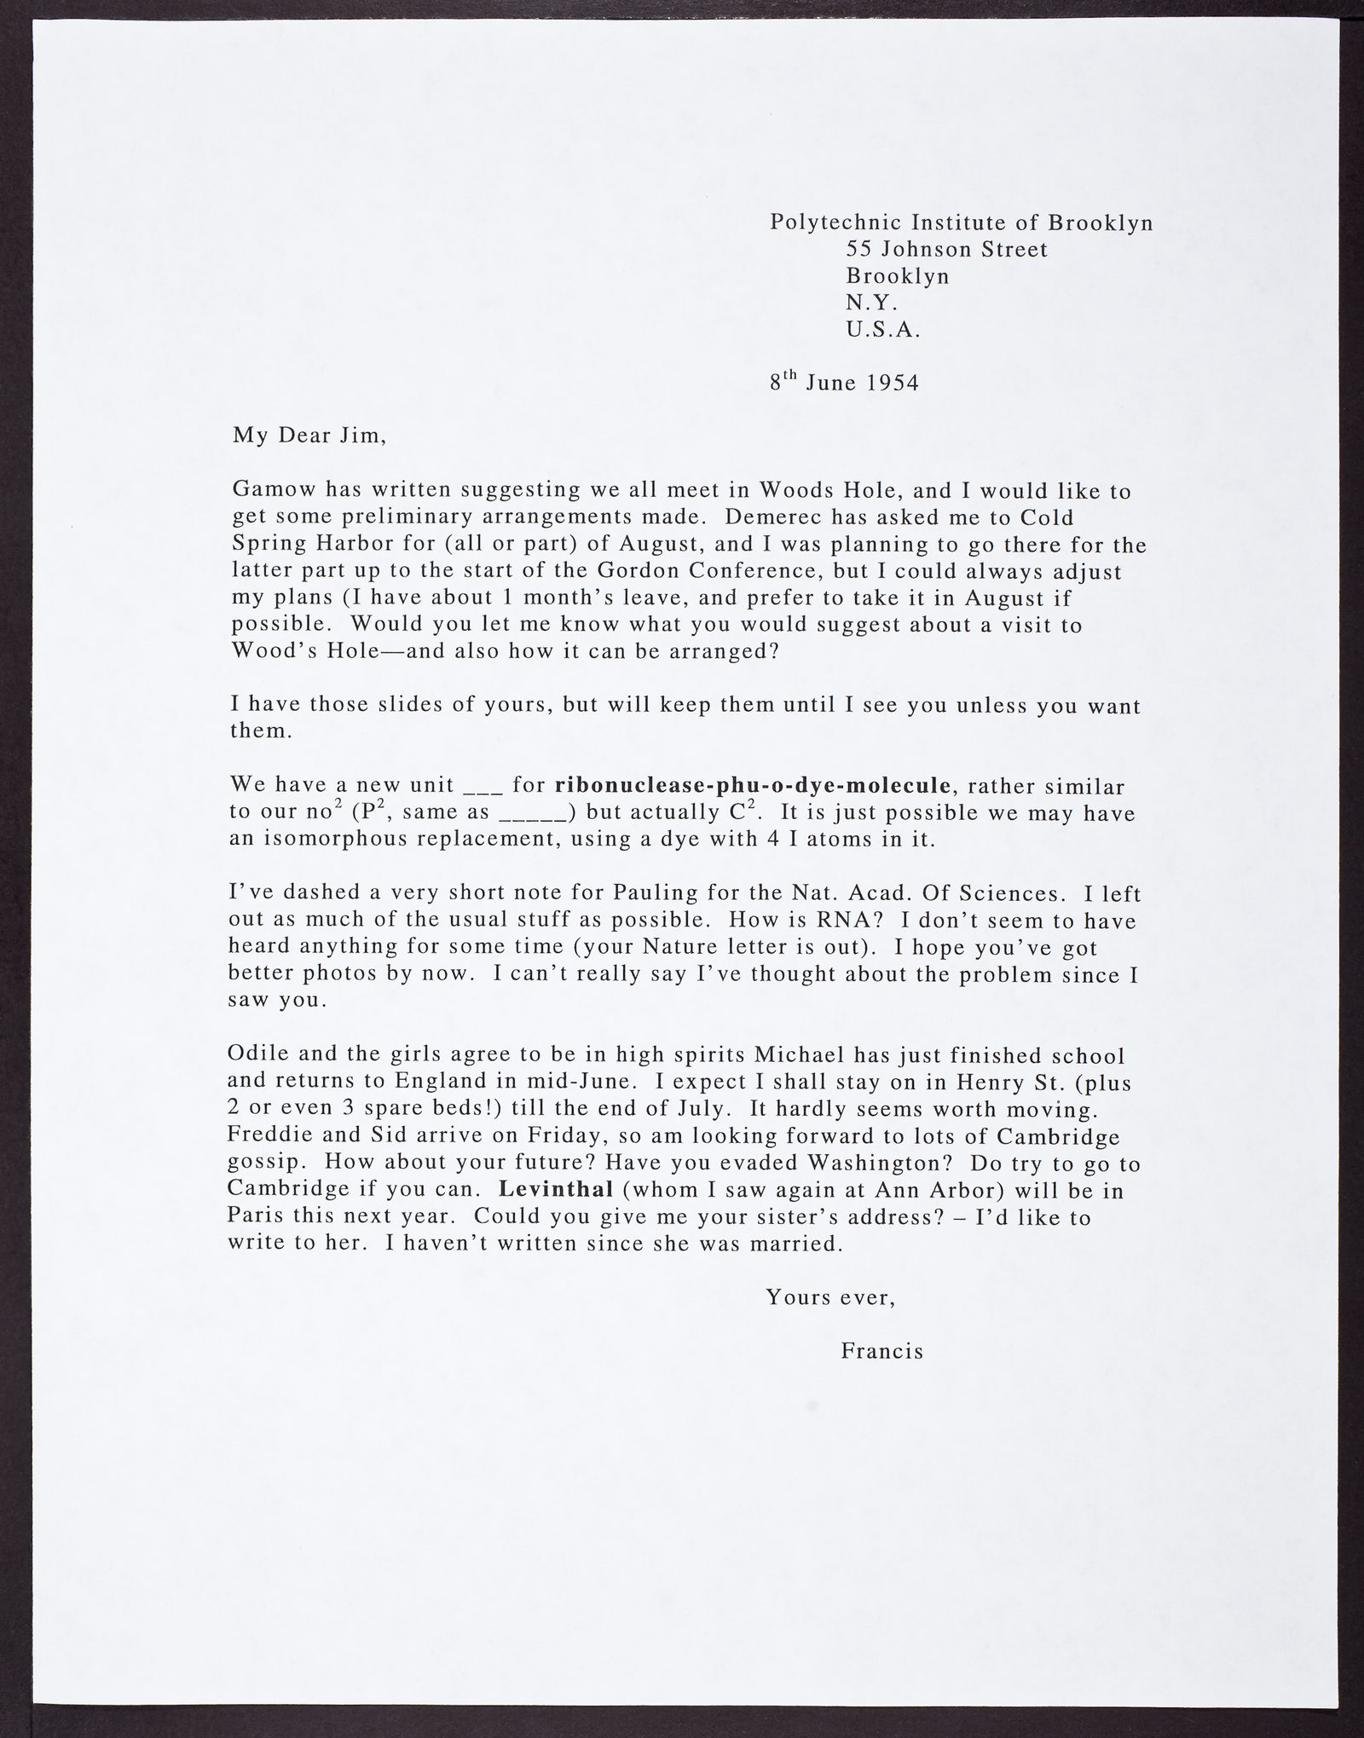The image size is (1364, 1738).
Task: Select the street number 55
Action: pyautogui.click(x=858, y=250)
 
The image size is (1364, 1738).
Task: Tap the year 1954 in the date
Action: pyautogui.click(x=893, y=383)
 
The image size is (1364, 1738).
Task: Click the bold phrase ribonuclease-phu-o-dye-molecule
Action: pyautogui.click(x=752, y=785)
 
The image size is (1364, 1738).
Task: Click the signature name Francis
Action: pyautogui.click(x=882, y=1352)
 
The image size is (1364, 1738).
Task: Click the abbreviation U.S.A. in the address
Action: pyautogui.click(x=883, y=330)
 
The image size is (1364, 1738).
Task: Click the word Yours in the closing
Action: pyautogui.click(x=796, y=1297)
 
